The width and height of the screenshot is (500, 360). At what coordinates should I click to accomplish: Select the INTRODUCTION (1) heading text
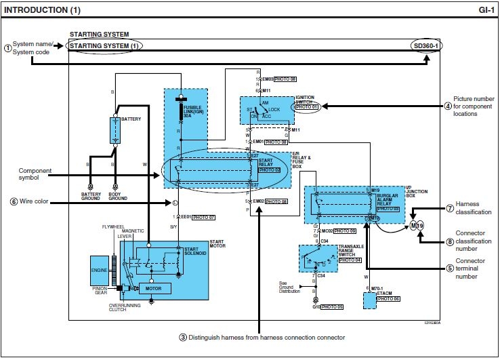(x=41, y=10)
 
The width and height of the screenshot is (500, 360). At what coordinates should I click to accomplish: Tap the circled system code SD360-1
(x=427, y=45)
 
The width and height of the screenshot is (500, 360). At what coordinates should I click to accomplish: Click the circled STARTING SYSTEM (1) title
(x=106, y=45)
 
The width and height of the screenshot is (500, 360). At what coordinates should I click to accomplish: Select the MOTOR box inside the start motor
(x=152, y=288)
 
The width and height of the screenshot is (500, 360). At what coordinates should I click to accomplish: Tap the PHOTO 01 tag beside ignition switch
(x=305, y=106)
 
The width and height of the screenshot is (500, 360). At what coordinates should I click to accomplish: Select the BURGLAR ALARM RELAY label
(x=389, y=200)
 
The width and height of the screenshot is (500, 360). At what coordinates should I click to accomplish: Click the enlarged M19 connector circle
(x=417, y=225)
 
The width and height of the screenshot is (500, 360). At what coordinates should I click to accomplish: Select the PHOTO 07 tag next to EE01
(x=204, y=217)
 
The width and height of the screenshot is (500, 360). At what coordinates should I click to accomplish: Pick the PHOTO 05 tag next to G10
(x=333, y=306)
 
